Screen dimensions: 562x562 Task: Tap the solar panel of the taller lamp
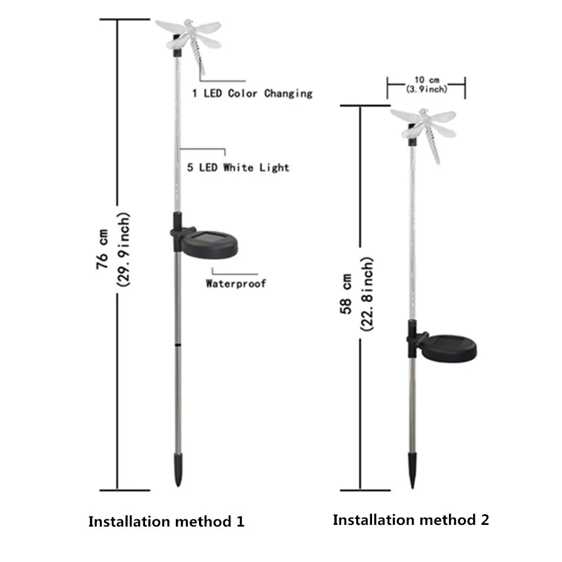[x=209, y=244]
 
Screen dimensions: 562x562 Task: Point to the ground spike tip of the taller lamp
[x=178, y=486]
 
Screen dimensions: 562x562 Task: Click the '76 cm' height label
[x=102, y=250]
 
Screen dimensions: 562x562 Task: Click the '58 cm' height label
[x=346, y=294]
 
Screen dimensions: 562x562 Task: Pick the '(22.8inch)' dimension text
[x=366, y=294]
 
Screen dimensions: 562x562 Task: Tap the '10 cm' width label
[x=427, y=80]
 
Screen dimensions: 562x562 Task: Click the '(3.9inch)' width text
[x=427, y=89]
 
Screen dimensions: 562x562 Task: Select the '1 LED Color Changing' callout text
[x=252, y=94]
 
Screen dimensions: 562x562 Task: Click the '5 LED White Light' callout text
[x=238, y=167]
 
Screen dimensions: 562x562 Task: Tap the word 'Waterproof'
[x=236, y=283]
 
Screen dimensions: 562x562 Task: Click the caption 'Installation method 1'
[x=166, y=522]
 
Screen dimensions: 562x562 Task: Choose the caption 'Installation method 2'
[x=411, y=520]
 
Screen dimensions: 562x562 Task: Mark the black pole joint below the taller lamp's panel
[x=178, y=345]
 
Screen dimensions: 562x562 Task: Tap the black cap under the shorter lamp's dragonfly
[x=413, y=135]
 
